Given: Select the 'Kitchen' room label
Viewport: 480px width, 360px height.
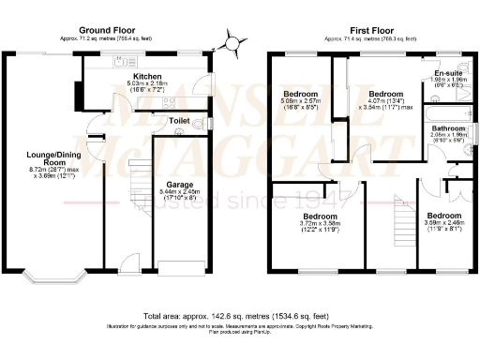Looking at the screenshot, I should point(148,75).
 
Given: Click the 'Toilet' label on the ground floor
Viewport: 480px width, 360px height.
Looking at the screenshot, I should point(179,121).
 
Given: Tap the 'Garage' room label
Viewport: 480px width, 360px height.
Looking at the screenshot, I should point(179,184).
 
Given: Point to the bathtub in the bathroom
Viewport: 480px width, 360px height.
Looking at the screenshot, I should point(445,112).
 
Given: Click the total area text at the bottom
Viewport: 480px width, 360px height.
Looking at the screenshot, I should point(239,317).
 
